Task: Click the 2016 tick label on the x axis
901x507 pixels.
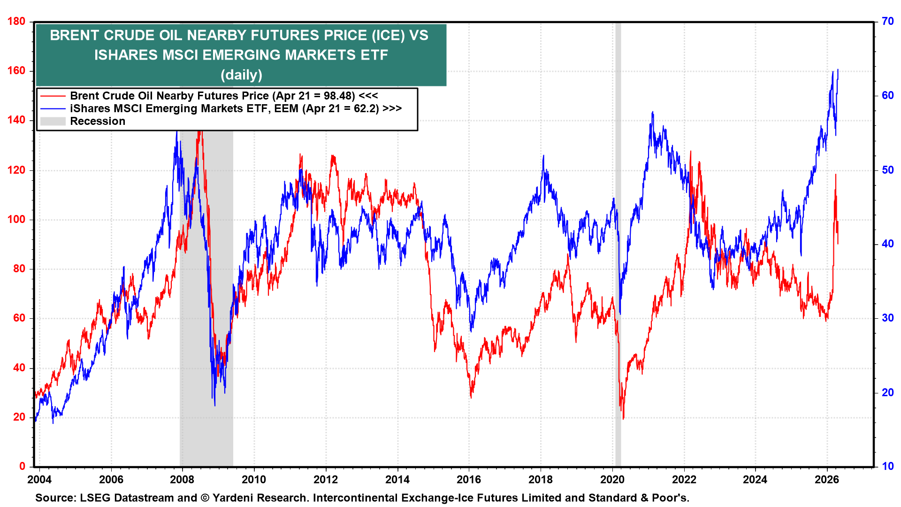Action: tap(469, 479)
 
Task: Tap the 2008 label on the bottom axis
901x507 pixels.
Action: tap(182, 479)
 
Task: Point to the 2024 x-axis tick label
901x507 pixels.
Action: tap(755, 479)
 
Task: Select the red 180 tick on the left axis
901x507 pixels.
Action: tap(16, 22)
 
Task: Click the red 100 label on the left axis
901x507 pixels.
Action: tap(16, 220)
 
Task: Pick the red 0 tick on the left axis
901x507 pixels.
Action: tap(22, 466)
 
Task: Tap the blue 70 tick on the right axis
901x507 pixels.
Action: tap(888, 22)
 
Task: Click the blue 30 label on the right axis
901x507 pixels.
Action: tap(888, 318)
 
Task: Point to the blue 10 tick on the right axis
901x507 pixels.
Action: tap(888, 466)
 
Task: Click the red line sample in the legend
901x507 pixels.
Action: tap(53, 96)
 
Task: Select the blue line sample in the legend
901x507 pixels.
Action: tap(53, 108)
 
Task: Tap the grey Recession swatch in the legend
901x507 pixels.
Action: tap(53, 121)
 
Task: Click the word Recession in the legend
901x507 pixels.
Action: tap(98, 121)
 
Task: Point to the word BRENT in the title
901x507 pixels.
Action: tap(73, 35)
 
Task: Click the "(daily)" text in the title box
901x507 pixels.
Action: tap(241, 75)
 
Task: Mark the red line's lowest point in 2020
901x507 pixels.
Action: tap(623, 419)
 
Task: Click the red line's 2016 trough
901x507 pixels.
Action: tap(471, 398)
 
